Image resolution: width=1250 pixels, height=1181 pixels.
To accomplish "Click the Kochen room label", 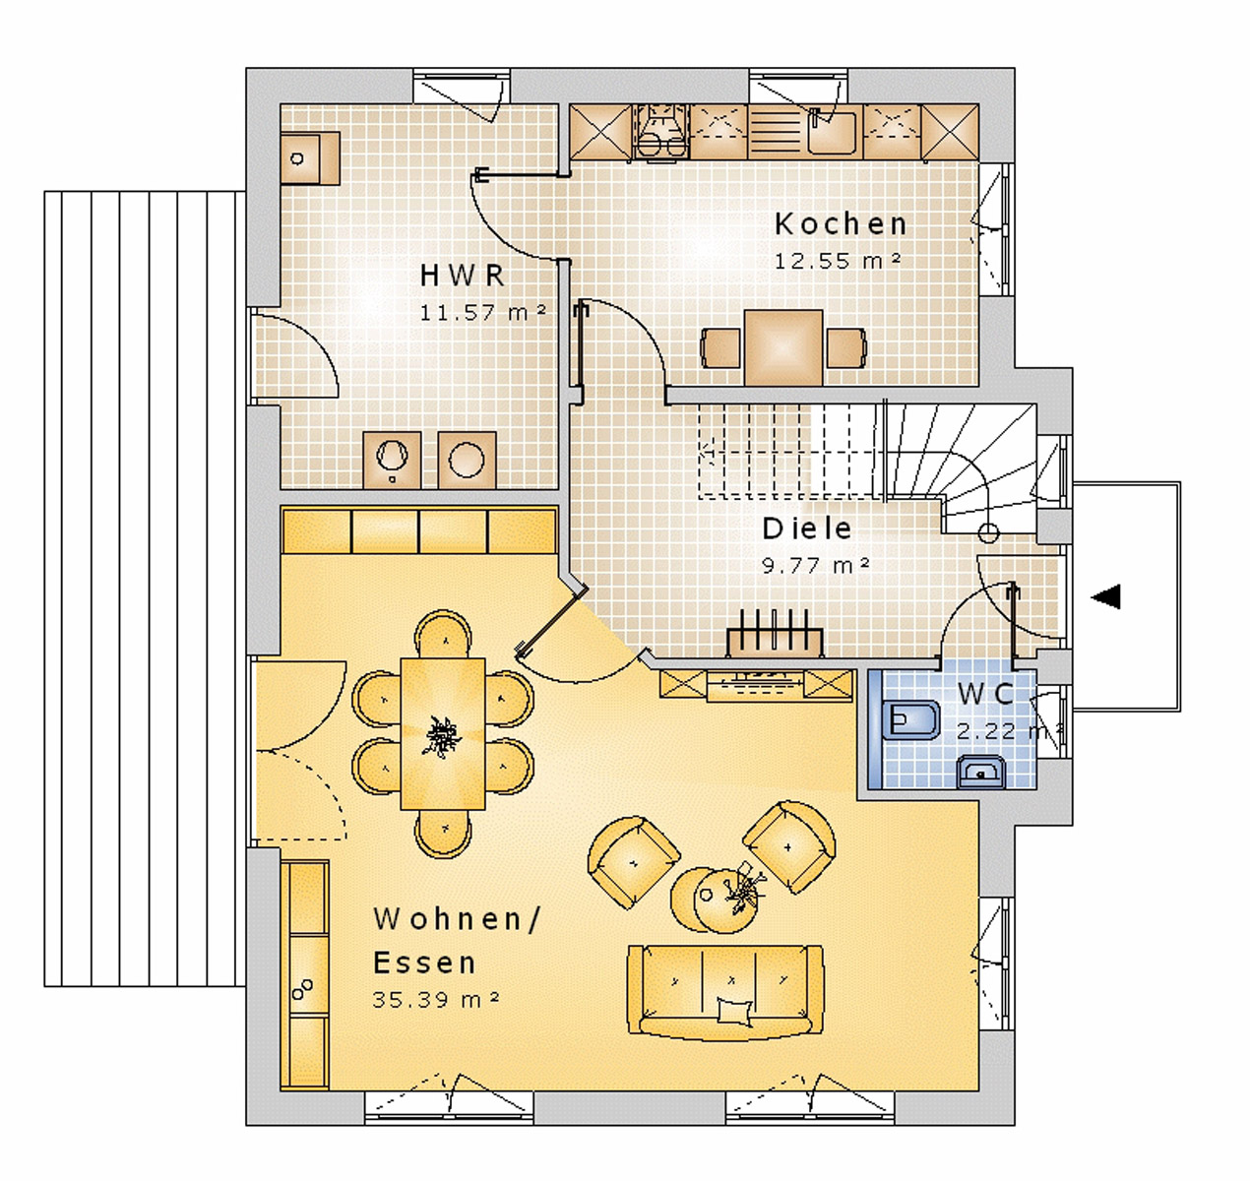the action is (x=841, y=224).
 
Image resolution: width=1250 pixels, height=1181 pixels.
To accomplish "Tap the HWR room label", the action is (x=462, y=276).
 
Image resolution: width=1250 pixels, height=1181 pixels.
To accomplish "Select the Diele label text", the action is (x=806, y=528).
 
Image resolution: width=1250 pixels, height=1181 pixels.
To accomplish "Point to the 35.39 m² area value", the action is (x=436, y=999).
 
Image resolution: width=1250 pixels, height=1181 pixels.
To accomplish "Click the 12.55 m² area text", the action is (x=838, y=261).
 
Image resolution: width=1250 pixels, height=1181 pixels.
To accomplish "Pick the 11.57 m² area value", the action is (x=482, y=312).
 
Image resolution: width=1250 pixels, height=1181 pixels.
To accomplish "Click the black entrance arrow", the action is (x=1105, y=596).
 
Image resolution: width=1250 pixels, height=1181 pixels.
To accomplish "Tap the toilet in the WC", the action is (x=910, y=718).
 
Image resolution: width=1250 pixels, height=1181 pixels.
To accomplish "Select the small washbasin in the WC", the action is (x=980, y=772).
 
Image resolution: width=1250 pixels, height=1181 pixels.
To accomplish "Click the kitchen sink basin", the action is (x=832, y=133).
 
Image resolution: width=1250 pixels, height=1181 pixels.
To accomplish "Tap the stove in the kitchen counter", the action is (x=660, y=132).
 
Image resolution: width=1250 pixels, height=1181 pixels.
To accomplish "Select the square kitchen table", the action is (x=783, y=347).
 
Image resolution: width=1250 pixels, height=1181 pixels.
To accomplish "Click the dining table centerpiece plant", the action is (x=443, y=736).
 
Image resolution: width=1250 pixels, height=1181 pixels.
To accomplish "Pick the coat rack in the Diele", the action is (x=775, y=633).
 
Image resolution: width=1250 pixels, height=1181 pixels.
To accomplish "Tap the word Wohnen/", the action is (x=457, y=920).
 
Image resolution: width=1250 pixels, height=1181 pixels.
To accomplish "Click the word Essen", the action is (x=424, y=963).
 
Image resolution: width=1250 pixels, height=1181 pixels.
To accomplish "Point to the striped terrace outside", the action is (x=144, y=589).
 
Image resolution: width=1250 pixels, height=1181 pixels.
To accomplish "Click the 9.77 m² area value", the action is (x=816, y=565).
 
